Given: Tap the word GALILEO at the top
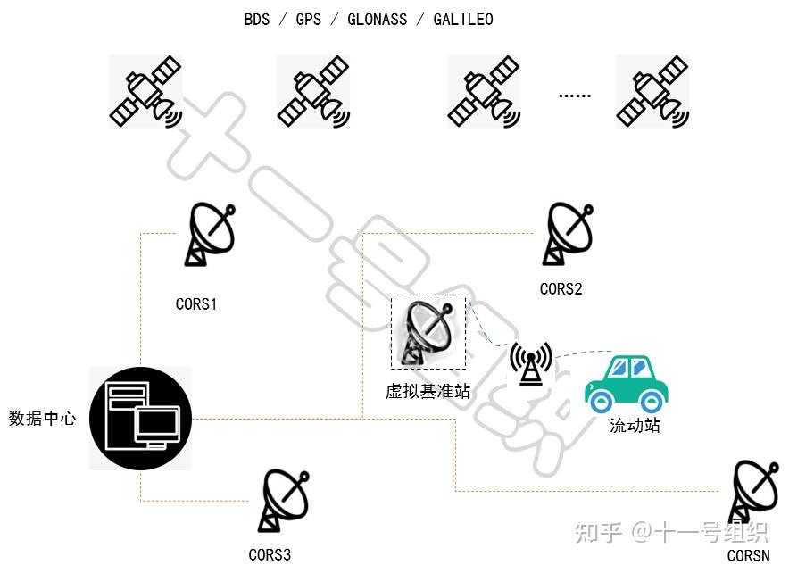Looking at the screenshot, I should coord(462,19).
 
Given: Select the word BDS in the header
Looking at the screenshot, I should coord(257,19).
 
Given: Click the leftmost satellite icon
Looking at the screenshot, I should coord(145,91).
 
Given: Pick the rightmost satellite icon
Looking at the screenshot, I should coord(652,91).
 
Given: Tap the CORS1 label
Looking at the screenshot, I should coord(196,303).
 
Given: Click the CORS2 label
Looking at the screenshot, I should coord(561,288).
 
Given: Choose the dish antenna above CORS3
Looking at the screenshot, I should coord(285,501).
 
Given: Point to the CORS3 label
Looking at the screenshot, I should coord(270,554).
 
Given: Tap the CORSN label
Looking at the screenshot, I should coord(748,555).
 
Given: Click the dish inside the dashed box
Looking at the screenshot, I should coord(428,332).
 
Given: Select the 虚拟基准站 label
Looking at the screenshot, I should coord(428,391).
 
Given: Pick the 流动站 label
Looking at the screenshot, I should coord(635,426).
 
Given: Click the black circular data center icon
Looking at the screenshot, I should coord(141,419).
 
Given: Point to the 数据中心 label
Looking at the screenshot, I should coord(42,418).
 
